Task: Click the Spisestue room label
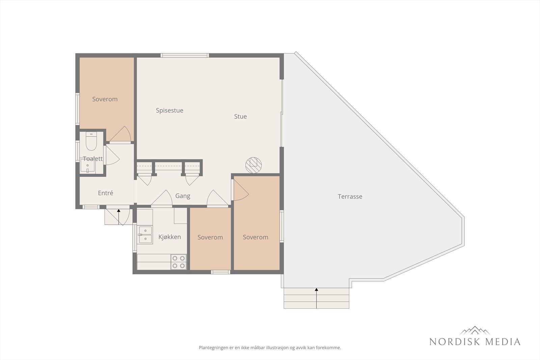tap(169, 111)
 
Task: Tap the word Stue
tap(240, 117)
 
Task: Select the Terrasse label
tap(350, 197)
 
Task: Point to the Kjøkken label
tap(169, 237)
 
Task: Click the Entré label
tap(105, 193)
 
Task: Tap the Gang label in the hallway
tap(183, 196)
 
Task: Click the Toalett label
tap(93, 159)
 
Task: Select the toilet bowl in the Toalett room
tap(91, 141)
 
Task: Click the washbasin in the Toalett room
tap(87, 166)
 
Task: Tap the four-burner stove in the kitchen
tap(179, 262)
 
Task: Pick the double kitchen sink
tap(145, 235)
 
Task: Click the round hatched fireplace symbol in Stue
tap(253, 165)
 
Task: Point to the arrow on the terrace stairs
tap(317, 298)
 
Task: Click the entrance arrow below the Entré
tap(118, 217)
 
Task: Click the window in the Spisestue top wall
tap(185, 55)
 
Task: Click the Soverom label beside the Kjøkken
tap(210, 237)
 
